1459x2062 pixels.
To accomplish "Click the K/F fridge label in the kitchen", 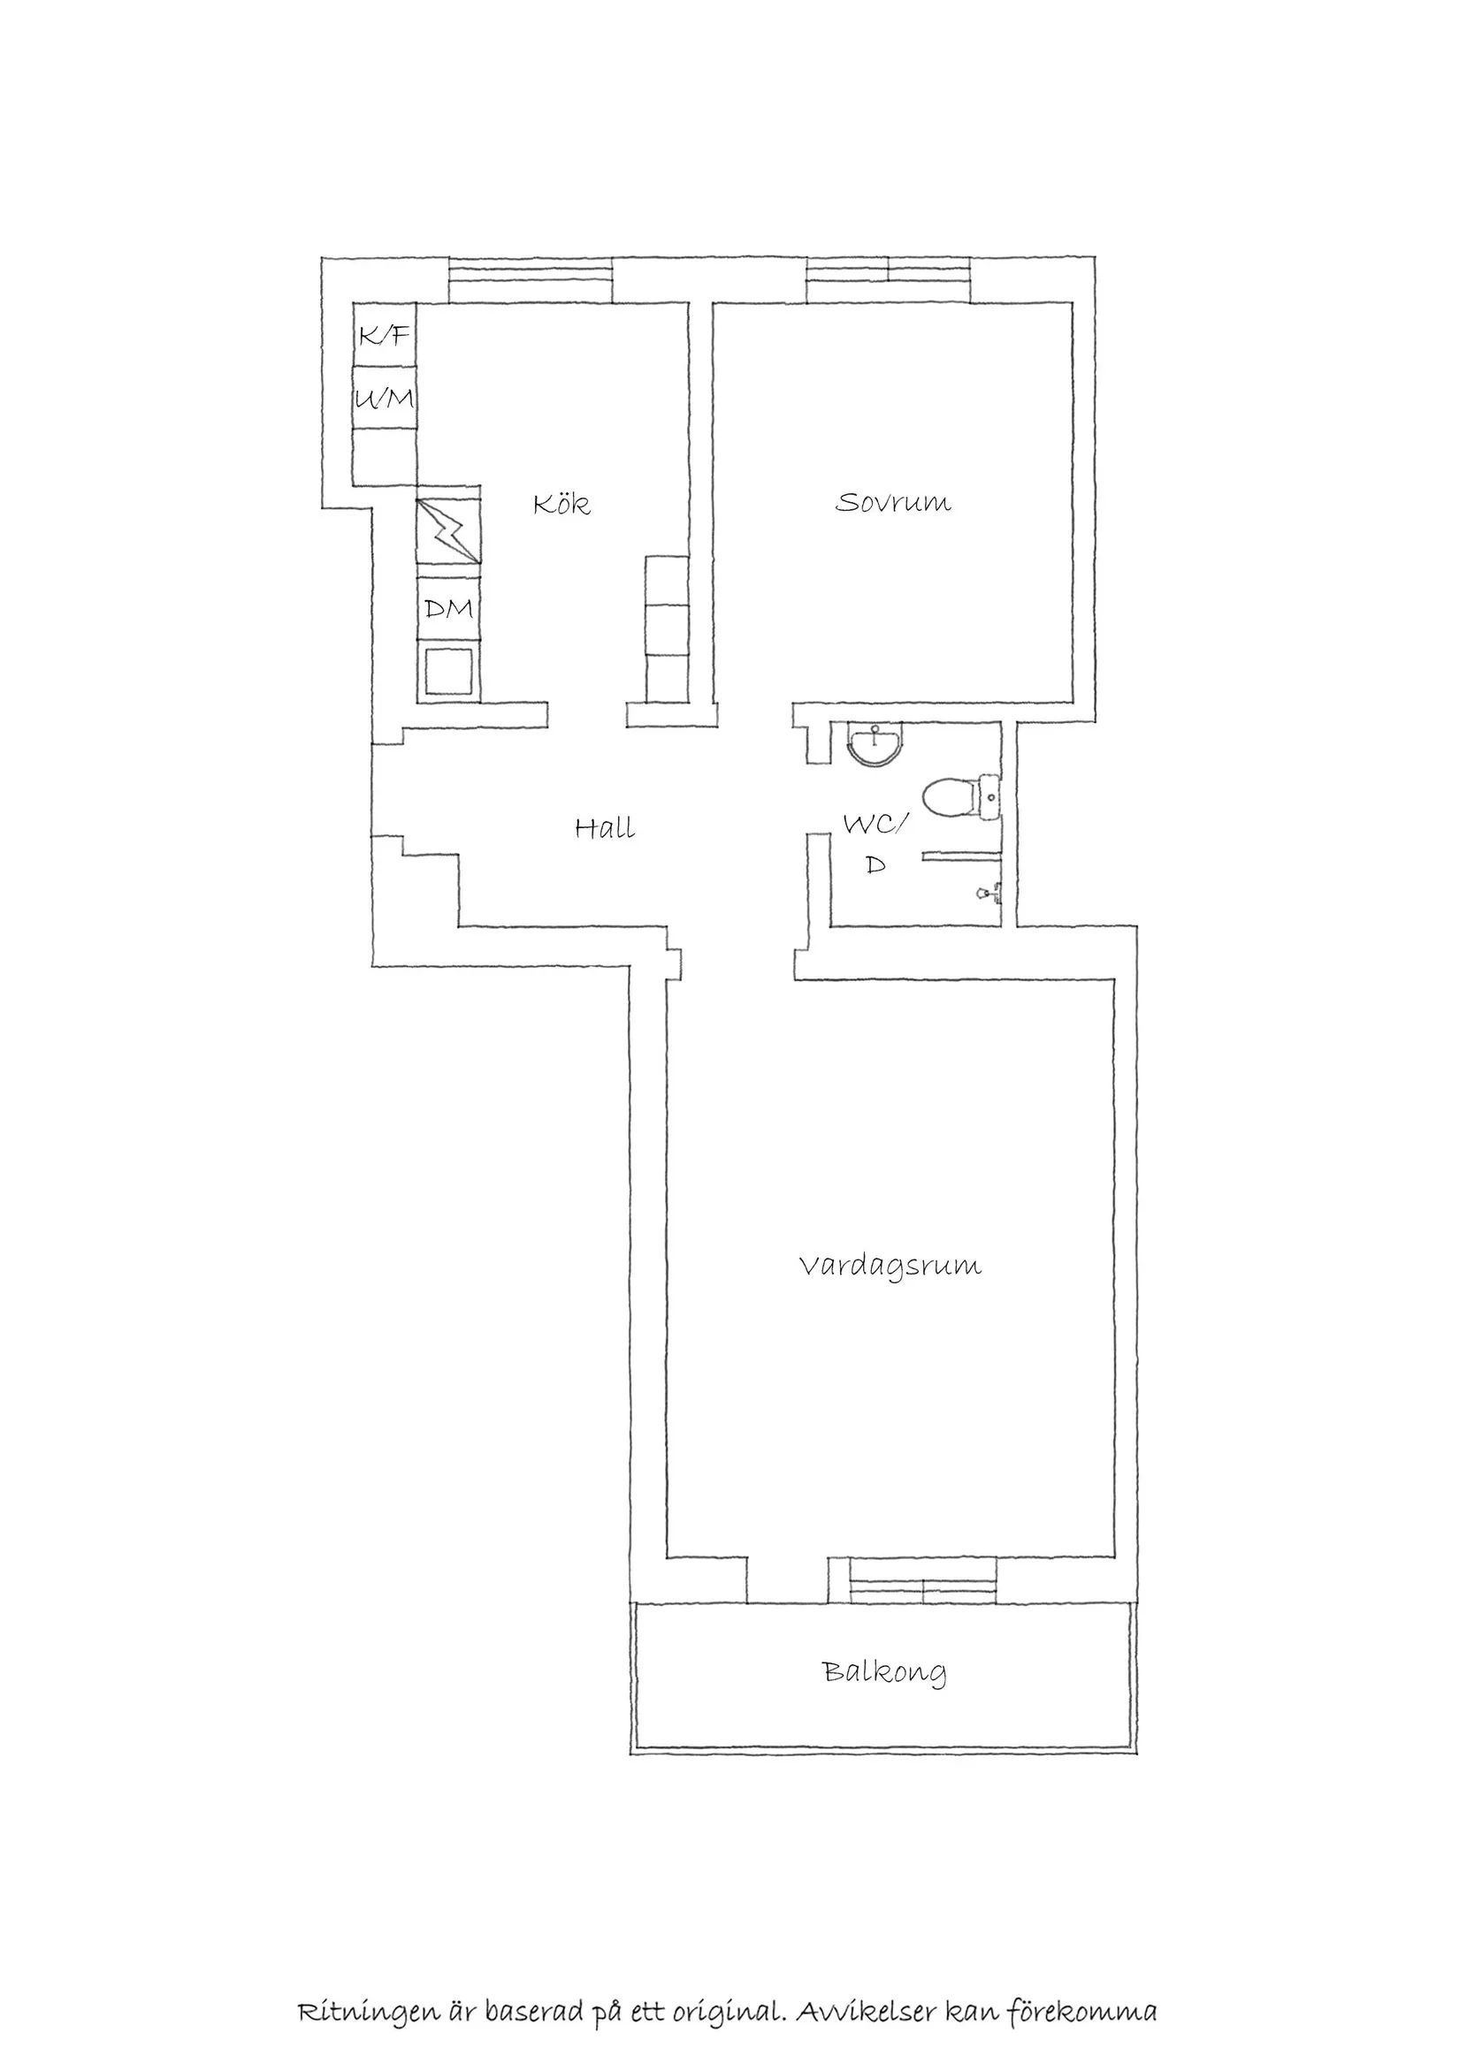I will (x=384, y=336).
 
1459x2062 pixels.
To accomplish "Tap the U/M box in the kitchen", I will (x=384, y=398).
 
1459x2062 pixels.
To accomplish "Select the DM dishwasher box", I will (x=448, y=609).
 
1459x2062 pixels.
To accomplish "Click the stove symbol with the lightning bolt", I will (x=448, y=532).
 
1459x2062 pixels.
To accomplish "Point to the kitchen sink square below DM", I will (x=448, y=672).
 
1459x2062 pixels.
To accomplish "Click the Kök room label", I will (x=561, y=504).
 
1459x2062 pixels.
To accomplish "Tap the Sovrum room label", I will (x=893, y=502).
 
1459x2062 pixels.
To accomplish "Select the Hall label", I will (x=605, y=827).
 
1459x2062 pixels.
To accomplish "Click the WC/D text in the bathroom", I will (x=876, y=842).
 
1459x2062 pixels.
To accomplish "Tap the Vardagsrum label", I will (x=890, y=1267).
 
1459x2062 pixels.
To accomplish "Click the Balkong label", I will (x=884, y=1671).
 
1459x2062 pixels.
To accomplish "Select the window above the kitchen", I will (x=530, y=280).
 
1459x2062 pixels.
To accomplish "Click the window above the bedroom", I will (x=888, y=280).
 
